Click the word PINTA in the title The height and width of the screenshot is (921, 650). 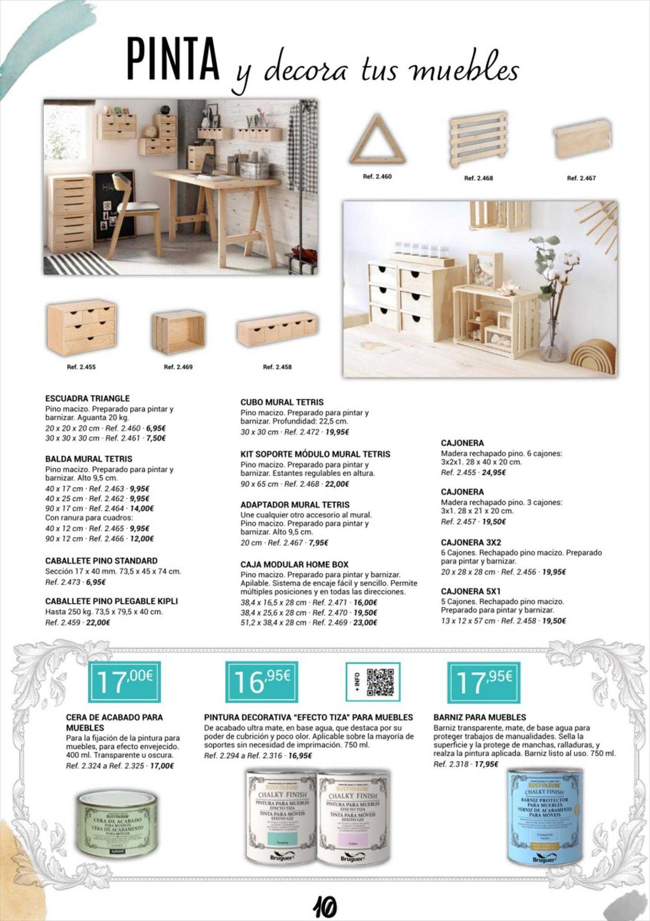point(173,60)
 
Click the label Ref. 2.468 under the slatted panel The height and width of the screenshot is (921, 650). point(478,178)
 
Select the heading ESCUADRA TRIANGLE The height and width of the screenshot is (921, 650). point(87,398)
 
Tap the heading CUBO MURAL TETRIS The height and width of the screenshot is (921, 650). point(282,402)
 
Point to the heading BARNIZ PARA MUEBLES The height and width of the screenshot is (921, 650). point(479,717)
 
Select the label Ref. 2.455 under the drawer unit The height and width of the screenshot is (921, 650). point(81,367)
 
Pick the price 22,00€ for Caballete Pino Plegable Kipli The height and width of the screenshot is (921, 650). point(98,623)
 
